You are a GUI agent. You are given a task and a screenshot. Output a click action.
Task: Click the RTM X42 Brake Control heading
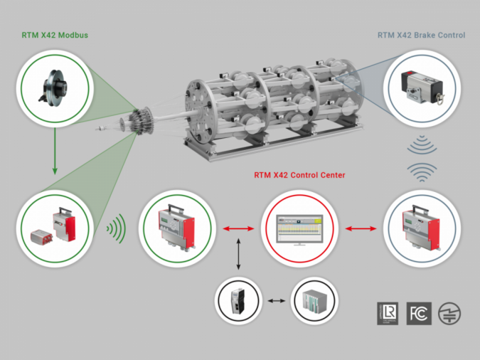coord(421,35)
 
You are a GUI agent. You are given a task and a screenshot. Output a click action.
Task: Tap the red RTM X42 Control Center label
coord(295,174)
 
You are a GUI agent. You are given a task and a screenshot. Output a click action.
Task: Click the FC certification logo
coord(418,313)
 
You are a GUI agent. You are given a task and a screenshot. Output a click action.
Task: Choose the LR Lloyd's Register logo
coord(388,313)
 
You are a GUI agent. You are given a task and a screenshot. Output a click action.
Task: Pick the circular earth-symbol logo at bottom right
coord(449,313)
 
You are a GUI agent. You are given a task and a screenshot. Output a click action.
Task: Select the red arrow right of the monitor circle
coord(362,228)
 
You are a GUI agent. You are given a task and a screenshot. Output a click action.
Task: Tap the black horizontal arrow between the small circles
coord(276,302)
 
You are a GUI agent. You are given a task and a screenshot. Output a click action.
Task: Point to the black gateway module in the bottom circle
coord(238,302)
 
